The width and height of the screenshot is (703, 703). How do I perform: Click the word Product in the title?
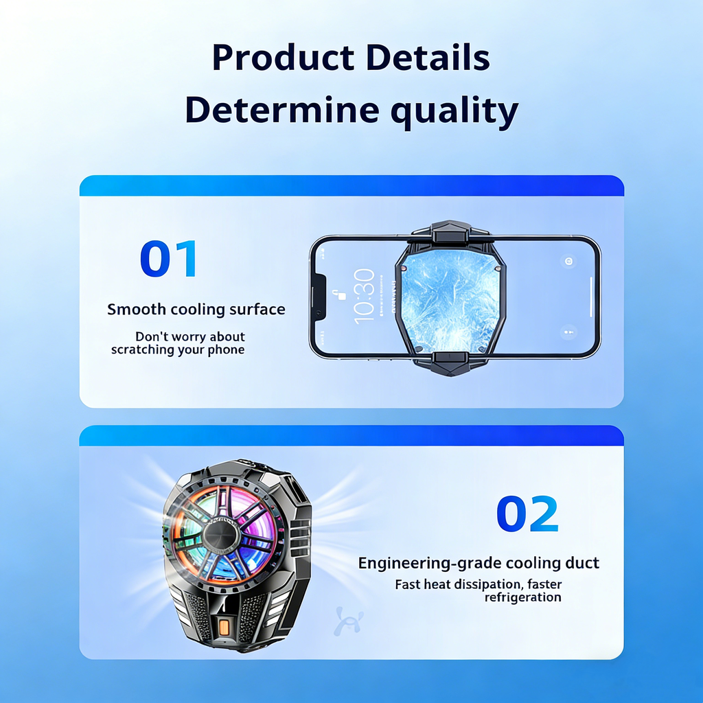pos(284,58)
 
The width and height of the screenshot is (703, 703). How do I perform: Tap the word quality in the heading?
pos(454,111)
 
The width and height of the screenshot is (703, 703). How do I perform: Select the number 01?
pos(168,258)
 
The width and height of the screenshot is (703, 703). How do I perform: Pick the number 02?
pos(527,514)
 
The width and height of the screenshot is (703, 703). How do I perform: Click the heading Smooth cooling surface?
pos(196,310)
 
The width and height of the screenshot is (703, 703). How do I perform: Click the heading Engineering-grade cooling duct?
pos(479,563)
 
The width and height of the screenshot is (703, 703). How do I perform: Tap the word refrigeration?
pos(522,597)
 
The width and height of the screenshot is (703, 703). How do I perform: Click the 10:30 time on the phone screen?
pos(364,297)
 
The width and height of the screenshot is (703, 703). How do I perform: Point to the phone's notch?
pos(319,297)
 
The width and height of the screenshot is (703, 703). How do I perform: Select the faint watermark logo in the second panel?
pos(348,621)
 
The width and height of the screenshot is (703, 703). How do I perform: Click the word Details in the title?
pos(427,58)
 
